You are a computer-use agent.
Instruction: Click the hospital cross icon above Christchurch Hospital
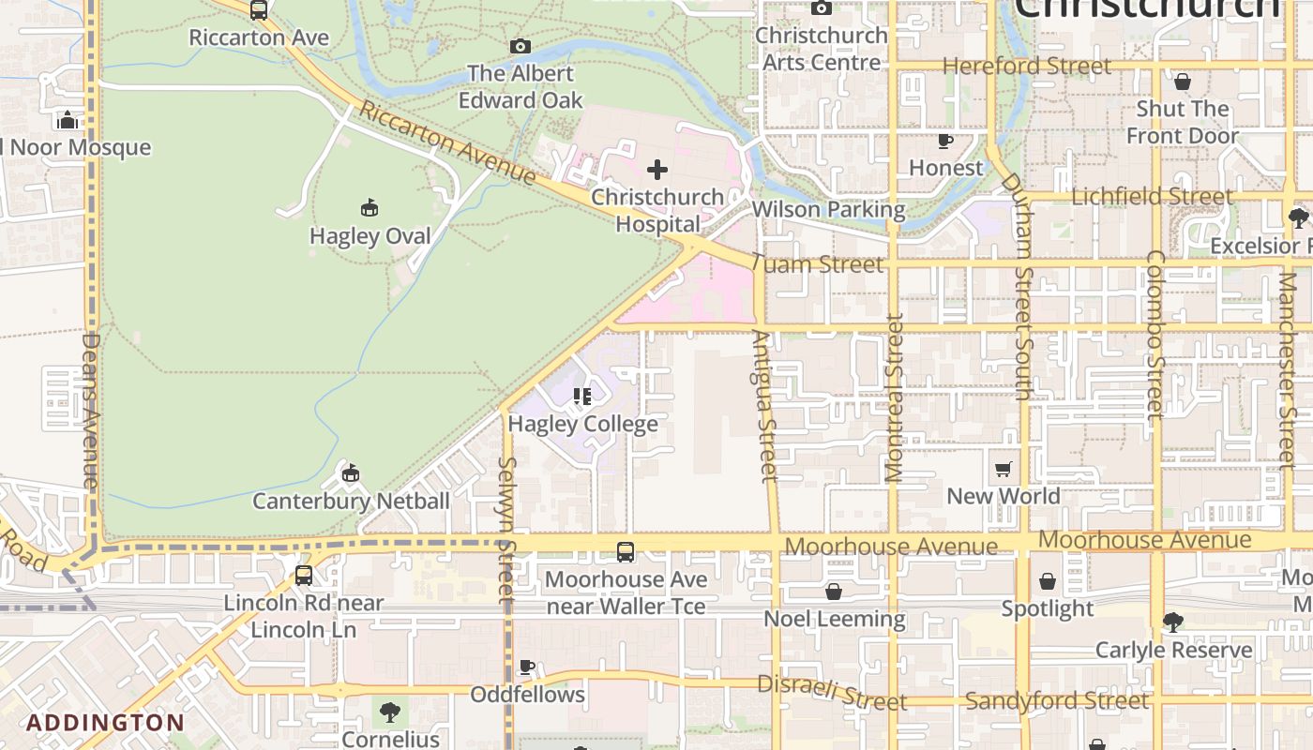[x=657, y=170]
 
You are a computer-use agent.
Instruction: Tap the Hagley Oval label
[x=370, y=236]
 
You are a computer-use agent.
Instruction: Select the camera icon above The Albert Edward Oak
[x=520, y=46]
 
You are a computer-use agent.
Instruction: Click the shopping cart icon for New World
[x=1004, y=469]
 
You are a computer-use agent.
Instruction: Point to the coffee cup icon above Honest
[x=945, y=142]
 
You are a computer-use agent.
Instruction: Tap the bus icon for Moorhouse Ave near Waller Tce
[x=626, y=552]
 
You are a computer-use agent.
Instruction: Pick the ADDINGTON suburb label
[x=105, y=723]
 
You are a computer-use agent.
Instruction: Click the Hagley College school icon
[x=582, y=397]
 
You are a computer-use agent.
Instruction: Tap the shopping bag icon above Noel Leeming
[x=833, y=592]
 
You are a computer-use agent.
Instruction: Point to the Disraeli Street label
[x=832, y=693]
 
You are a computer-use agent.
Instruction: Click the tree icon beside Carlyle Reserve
[x=1172, y=622]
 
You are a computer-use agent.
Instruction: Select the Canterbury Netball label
[x=352, y=501]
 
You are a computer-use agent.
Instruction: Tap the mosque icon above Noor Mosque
[x=67, y=120]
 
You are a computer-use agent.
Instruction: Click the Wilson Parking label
[x=828, y=209]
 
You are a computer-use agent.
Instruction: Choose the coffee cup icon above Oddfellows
[x=527, y=667]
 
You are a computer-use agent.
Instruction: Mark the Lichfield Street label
[x=1152, y=197]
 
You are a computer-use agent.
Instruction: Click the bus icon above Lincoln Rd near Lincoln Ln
[x=303, y=575]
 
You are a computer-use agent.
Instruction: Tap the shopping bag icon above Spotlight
[x=1048, y=581]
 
